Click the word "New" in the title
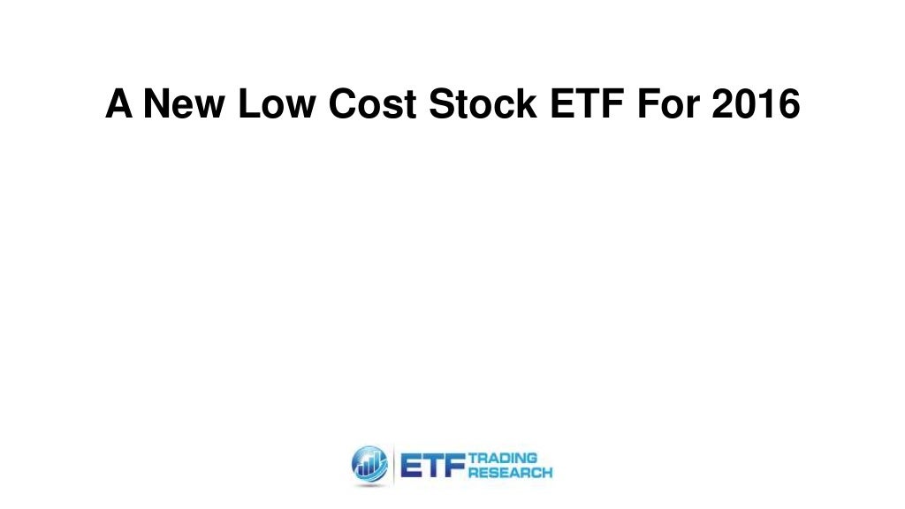tap(172, 105)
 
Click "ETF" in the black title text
tap(580, 105)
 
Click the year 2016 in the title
tap(758, 105)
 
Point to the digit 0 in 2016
tap(748, 105)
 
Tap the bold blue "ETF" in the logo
tap(433, 465)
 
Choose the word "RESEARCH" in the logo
tap(511, 473)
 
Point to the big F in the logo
tap(453, 465)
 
